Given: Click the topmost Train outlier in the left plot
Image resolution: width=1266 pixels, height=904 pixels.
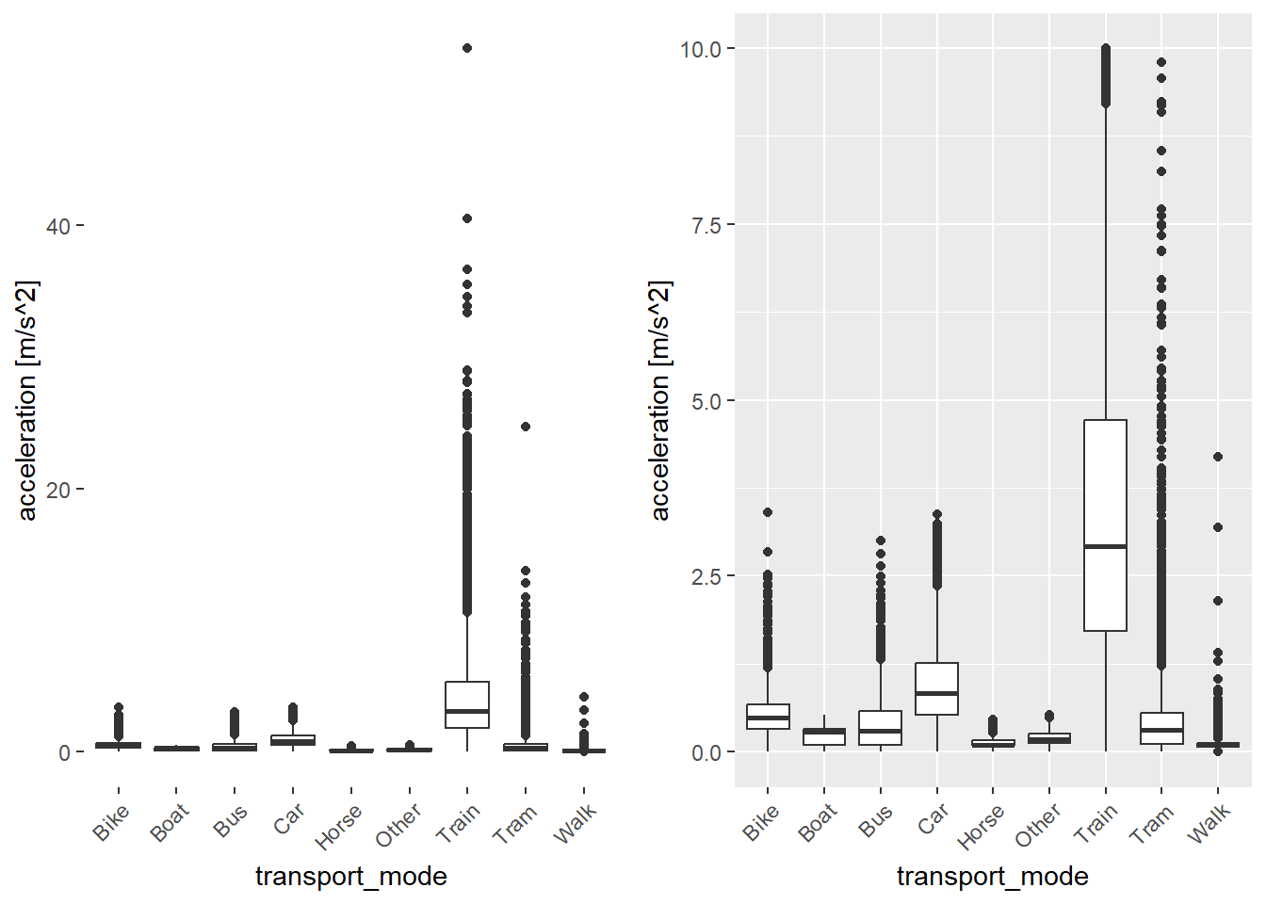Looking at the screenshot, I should (x=467, y=48).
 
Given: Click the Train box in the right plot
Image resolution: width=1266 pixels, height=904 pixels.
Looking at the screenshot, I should (x=1105, y=525).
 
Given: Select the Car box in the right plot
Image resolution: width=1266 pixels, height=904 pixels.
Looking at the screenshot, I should (x=936, y=688).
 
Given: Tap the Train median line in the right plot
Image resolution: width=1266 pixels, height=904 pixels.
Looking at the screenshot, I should (x=1105, y=546).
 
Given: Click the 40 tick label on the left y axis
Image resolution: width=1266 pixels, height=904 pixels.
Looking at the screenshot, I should (x=58, y=226).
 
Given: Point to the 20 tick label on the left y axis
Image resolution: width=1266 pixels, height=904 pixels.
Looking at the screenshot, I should (x=58, y=490).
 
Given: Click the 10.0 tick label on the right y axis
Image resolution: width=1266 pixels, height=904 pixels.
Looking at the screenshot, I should (x=700, y=49).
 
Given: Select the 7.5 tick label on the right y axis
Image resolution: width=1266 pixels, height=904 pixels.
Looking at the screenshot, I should (x=706, y=225).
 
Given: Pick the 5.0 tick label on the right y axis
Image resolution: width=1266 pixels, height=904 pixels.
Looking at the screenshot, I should (x=706, y=401).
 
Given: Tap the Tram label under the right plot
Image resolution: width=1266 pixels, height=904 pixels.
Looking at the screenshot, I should (x=1152, y=824).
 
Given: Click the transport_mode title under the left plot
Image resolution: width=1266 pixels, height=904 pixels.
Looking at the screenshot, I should (x=350, y=877).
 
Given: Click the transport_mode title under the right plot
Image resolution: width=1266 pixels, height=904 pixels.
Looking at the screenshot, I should (x=992, y=877).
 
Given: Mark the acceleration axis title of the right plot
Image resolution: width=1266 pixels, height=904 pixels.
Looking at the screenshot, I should (x=660, y=400).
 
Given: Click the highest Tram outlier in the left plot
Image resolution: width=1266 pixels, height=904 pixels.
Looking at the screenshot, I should (x=526, y=427).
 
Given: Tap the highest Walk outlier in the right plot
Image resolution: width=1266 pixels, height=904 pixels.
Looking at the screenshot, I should (x=1217, y=457).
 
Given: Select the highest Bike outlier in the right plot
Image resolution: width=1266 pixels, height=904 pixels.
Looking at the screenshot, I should (x=768, y=512).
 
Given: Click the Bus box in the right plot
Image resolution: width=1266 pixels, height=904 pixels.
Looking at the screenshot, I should (x=880, y=727).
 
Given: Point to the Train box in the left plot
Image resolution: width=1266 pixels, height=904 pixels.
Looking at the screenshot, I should (x=467, y=704).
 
